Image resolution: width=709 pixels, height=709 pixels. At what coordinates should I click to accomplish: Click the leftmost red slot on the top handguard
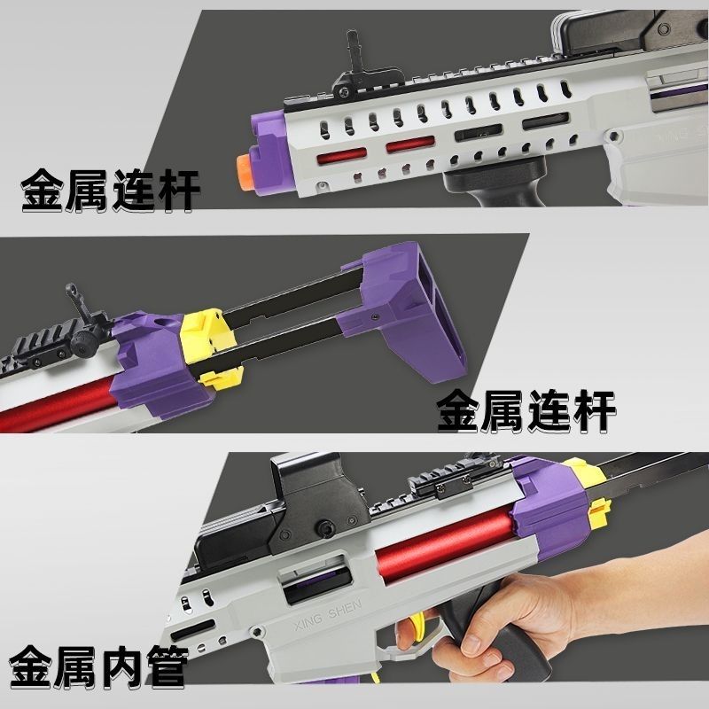[x=342, y=157]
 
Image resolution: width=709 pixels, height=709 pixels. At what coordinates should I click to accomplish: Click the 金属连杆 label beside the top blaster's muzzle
[x=110, y=191]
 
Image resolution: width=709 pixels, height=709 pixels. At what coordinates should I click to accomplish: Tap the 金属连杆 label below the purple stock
[x=526, y=411]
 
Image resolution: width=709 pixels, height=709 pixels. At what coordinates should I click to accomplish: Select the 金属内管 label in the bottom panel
[x=98, y=666]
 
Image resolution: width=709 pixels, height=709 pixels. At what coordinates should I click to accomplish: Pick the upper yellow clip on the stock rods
[x=202, y=335]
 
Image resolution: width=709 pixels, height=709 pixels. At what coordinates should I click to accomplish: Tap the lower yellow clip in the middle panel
[x=222, y=378]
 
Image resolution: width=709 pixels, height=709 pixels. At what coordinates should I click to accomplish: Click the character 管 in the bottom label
[x=167, y=666]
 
